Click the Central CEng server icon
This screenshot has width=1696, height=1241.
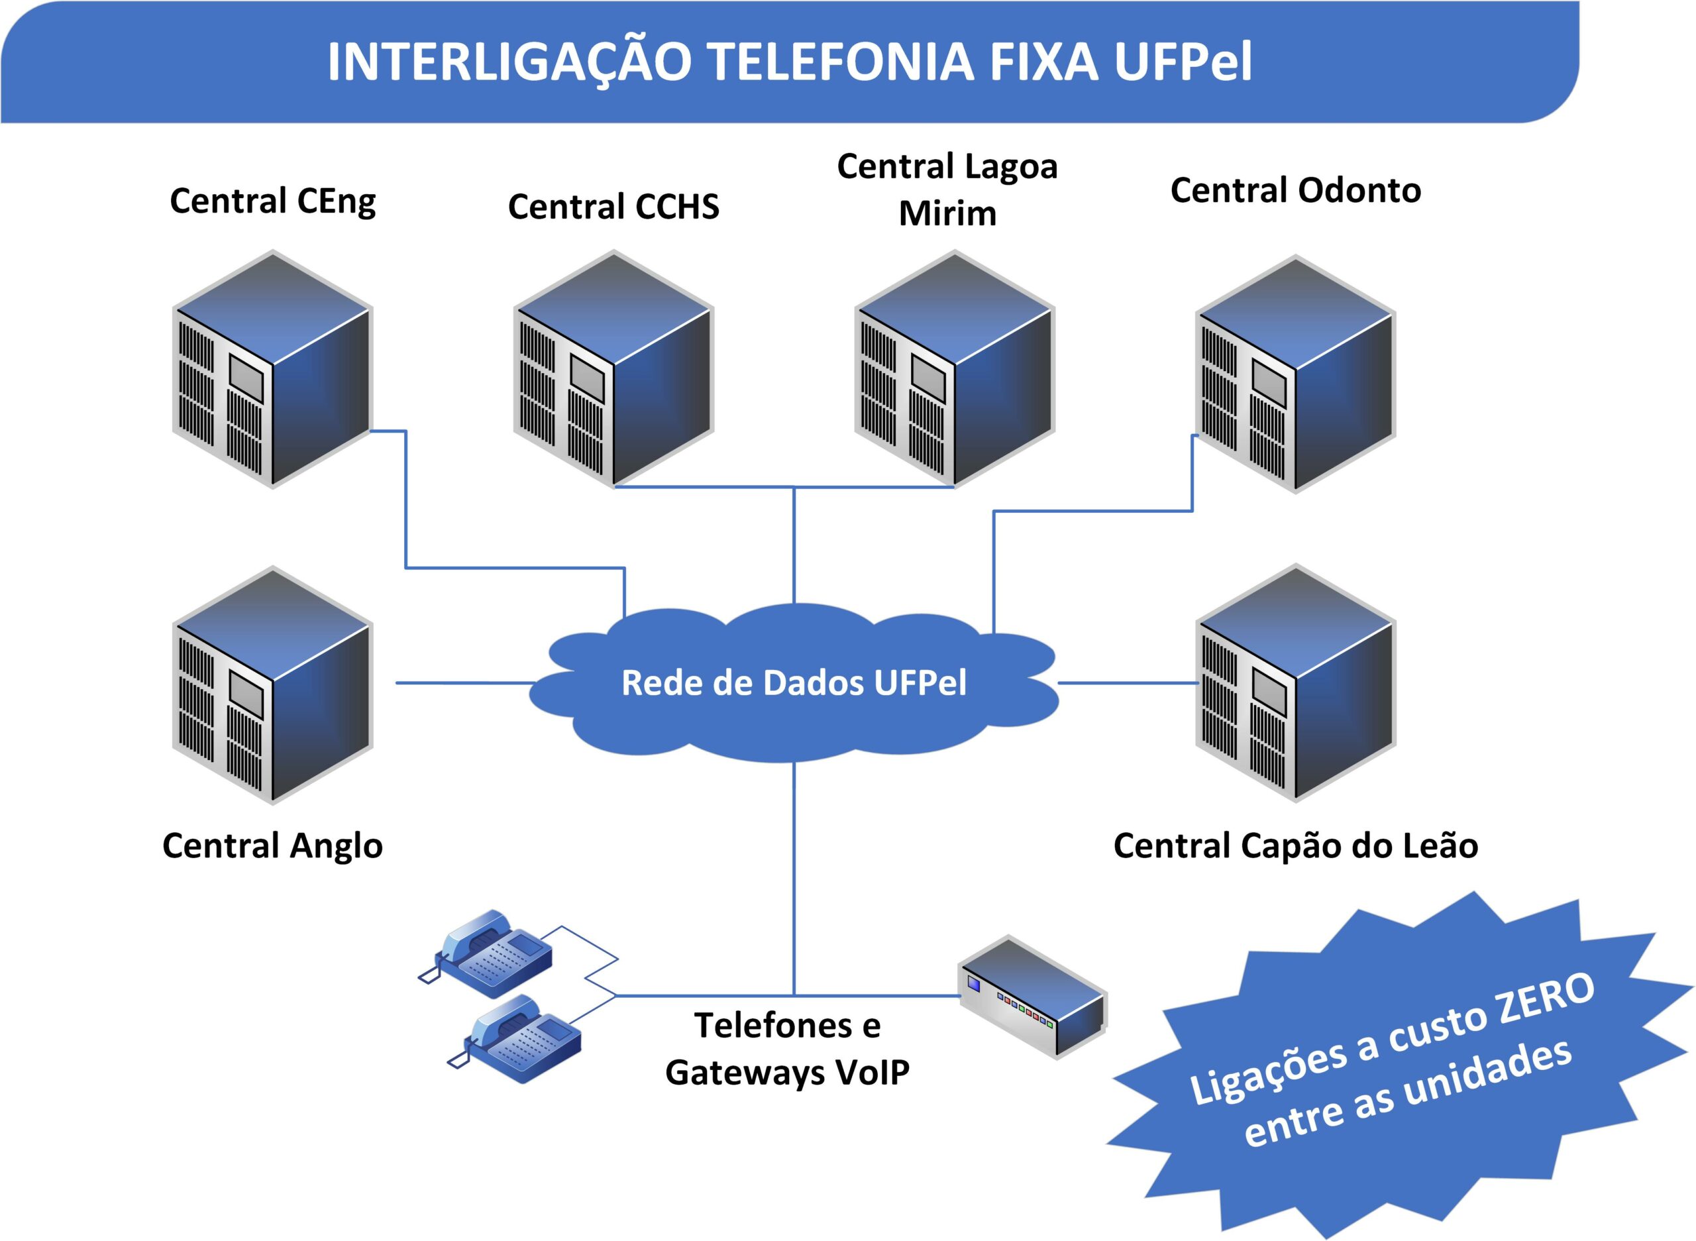pos(273,369)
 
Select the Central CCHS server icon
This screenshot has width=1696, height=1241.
pos(613,369)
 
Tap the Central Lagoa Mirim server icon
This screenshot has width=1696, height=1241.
pos(955,369)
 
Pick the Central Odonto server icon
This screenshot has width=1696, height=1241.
pos(1296,374)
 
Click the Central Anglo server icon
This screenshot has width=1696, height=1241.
pos(273,684)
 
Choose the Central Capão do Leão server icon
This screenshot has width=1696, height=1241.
pos(1296,683)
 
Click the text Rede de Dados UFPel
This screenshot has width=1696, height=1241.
pos(794,683)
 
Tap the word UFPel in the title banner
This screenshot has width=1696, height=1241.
pos(1183,62)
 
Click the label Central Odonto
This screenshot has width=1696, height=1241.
pos(1296,190)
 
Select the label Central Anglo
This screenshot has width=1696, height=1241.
pos(273,845)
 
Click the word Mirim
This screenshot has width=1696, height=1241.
pos(948,213)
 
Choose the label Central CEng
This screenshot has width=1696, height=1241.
pos(273,201)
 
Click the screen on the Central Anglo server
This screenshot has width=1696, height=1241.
pos(246,695)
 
